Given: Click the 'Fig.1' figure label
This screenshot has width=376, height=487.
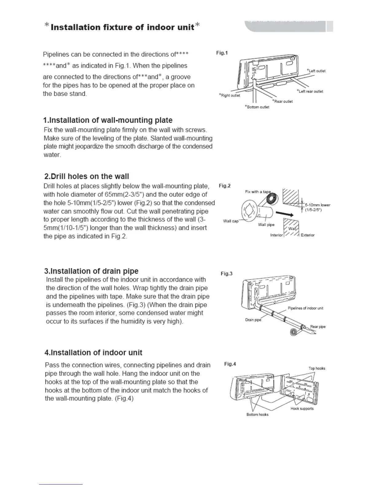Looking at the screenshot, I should [222, 53].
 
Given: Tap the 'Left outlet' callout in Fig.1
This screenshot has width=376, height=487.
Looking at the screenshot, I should [316, 71].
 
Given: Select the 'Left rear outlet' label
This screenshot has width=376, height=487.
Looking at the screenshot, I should [310, 91].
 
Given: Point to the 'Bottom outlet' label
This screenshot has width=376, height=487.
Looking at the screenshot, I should [257, 107].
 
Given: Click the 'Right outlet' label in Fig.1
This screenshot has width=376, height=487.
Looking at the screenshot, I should [229, 95].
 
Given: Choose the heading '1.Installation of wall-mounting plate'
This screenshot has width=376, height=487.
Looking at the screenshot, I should [108, 120].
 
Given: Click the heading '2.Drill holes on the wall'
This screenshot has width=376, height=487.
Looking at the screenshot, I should [87, 176].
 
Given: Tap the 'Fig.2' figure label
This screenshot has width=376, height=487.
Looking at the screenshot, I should [225, 186].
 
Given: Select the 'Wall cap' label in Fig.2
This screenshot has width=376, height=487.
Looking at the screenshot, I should [231, 221].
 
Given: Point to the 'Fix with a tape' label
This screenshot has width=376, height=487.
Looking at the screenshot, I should [258, 192].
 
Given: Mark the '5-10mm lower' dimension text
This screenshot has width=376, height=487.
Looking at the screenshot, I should [318, 205].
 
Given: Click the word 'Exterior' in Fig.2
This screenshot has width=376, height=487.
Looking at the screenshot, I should [307, 235].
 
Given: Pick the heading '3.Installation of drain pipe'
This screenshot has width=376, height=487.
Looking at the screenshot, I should [92, 271].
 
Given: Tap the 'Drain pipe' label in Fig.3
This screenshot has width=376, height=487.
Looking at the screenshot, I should [253, 320].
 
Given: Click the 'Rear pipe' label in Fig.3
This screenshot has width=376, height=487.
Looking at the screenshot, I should [318, 327].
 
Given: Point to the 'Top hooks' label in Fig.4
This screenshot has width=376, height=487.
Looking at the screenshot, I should [317, 368].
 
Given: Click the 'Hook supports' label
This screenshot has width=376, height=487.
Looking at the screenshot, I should [302, 409].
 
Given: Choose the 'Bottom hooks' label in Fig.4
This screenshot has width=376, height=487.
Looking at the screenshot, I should [257, 414].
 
